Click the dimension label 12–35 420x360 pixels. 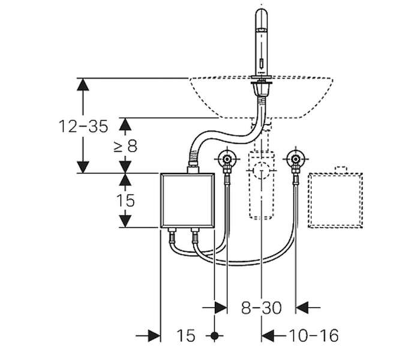[83, 126]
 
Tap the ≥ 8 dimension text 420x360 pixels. [125, 146]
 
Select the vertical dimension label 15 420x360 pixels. [125, 200]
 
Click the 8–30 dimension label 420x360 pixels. [261, 308]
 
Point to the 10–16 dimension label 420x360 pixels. [314, 335]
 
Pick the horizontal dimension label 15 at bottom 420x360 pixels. [186, 335]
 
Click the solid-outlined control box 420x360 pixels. [187, 200]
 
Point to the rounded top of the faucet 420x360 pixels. [262, 13]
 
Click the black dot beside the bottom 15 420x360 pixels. [214, 335]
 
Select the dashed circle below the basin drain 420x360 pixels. [261, 170]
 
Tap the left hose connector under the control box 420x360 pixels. [172, 235]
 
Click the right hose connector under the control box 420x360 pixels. [195, 235]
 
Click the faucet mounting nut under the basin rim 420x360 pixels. [261, 89]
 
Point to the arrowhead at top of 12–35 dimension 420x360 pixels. [83, 85]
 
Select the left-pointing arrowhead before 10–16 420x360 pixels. [268, 335]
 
